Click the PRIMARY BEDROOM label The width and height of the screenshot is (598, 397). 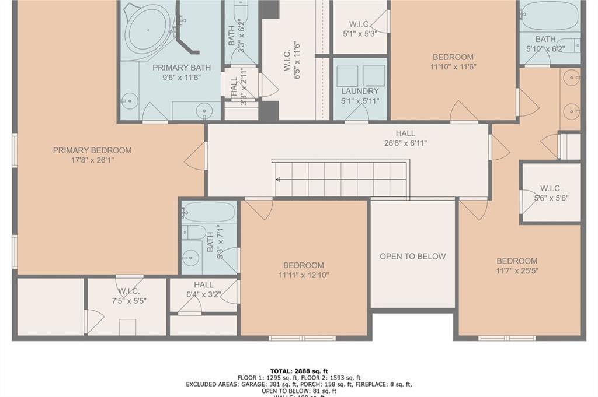coord(92,150)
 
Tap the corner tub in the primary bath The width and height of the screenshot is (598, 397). coord(148,29)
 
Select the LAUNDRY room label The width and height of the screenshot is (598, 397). coord(360,91)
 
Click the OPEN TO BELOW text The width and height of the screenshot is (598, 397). coord(412,256)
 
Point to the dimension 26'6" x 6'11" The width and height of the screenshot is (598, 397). coord(405,143)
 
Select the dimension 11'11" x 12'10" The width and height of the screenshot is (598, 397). coord(304,275)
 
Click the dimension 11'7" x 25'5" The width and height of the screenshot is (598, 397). coord(517,270)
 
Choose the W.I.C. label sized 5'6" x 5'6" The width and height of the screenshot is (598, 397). coord(551,188)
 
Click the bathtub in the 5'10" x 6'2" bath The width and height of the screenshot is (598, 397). coord(548,16)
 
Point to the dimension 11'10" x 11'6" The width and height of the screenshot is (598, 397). coord(453,66)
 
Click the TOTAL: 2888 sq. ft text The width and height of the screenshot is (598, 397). coord(299,371)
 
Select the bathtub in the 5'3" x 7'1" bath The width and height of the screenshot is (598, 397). coord(208,212)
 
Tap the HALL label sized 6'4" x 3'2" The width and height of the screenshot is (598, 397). coord(203,284)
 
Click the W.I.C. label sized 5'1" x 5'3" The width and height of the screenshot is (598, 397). coord(359,24)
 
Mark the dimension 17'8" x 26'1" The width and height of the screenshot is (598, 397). coord(92,160)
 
